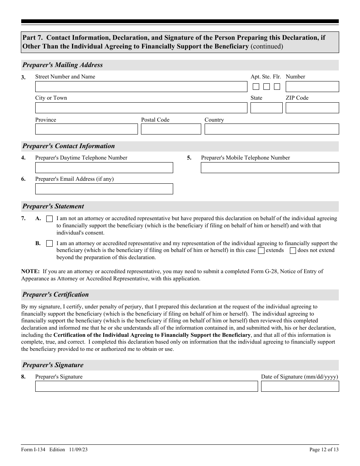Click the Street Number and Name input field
tap(141, 87)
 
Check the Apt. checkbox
tap(256, 87)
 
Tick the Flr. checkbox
tap(277, 87)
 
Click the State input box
tap(266, 108)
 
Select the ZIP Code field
tap(312, 108)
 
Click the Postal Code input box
tap(171, 129)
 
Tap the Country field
tap(272, 129)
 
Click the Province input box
tap(86, 129)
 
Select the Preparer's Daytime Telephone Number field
tap(104, 168)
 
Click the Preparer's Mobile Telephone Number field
tap(270, 168)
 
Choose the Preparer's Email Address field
tap(104, 189)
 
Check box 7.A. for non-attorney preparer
tap(50, 219)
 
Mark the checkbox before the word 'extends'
tap(261, 250)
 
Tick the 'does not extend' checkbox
tap(293, 250)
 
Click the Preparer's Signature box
tap(147, 386)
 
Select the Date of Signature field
tap(300, 386)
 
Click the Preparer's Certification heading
tap(55, 295)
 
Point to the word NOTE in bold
tap(30, 271)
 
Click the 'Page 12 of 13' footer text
tap(324, 450)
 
